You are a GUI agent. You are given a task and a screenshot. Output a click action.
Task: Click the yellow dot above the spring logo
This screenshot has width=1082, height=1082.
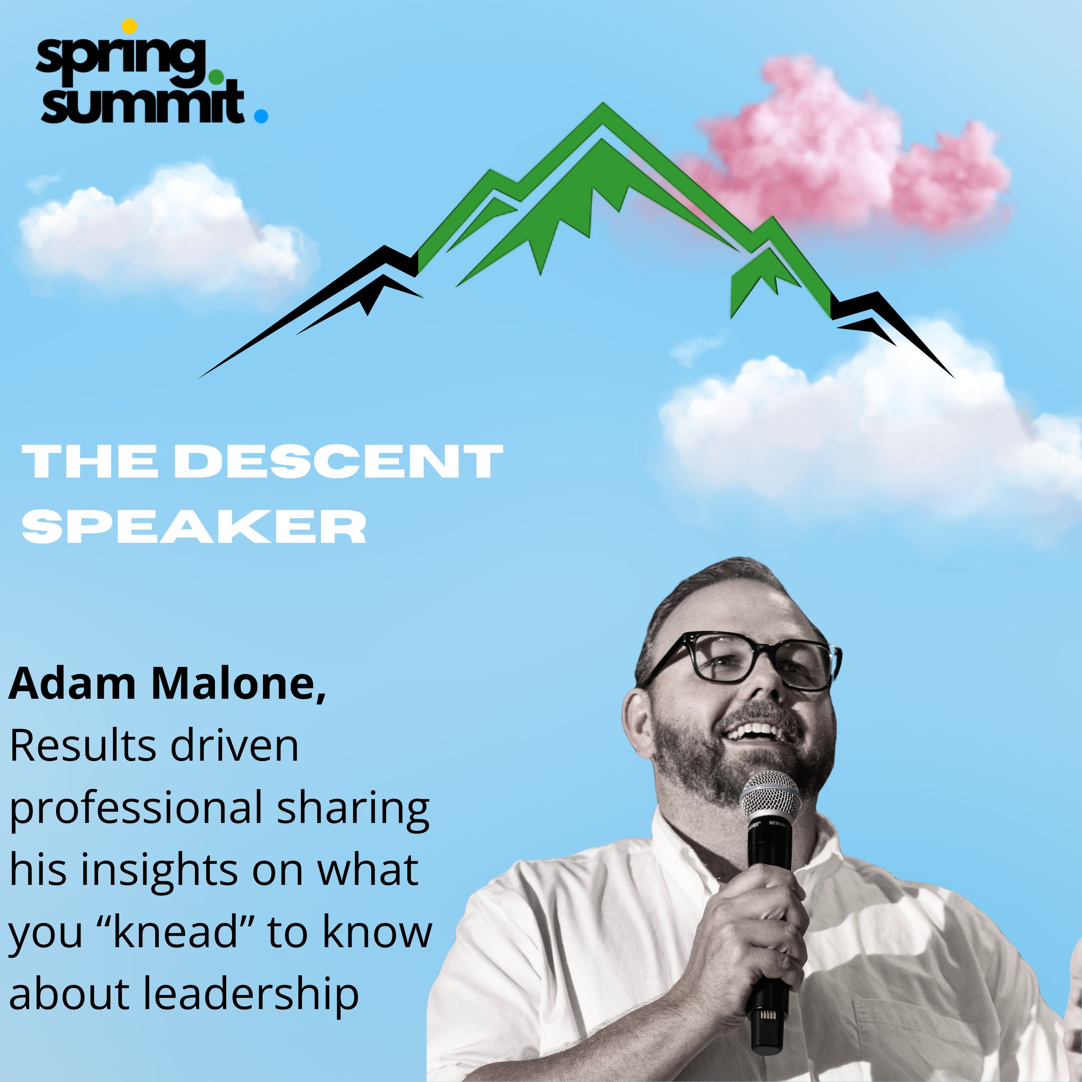tap(129, 26)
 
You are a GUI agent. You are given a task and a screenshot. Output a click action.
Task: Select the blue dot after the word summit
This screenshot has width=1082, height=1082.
tap(261, 115)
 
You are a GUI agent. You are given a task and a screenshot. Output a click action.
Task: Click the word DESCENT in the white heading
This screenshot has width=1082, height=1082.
tap(339, 462)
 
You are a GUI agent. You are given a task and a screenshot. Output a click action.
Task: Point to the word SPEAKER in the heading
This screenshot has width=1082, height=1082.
tap(194, 526)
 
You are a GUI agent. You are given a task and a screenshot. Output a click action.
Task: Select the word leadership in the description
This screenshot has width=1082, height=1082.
tap(251, 995)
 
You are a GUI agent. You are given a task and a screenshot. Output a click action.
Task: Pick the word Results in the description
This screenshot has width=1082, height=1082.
tap(84, 746)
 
